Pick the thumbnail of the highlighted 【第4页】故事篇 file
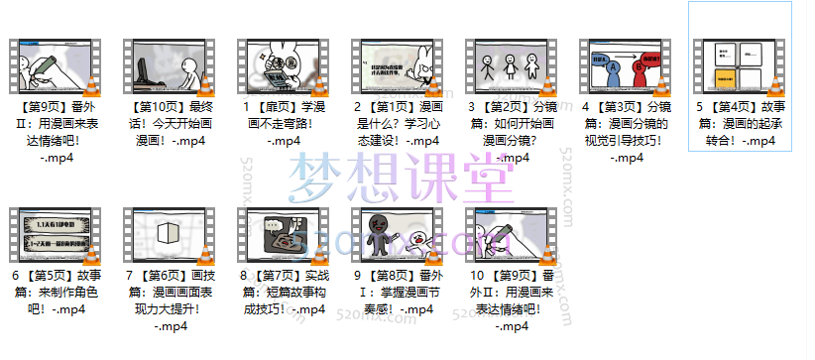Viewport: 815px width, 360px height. pos(739,67)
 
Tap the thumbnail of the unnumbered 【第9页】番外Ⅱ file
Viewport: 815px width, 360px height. pos(50,67)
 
